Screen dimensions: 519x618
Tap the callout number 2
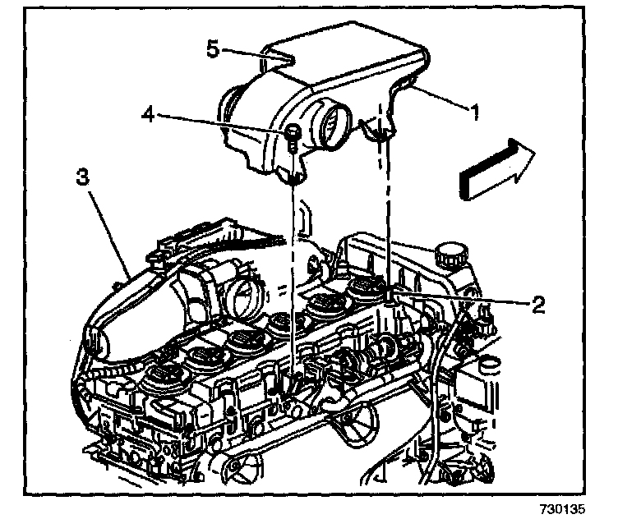(537, 305)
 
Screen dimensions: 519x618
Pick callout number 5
(212, 49)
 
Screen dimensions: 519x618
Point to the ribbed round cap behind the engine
(451, 254)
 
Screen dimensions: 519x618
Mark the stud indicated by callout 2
(389, 296)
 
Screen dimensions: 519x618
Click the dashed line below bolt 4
(293, 263)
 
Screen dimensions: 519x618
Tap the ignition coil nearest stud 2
(364, 291)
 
